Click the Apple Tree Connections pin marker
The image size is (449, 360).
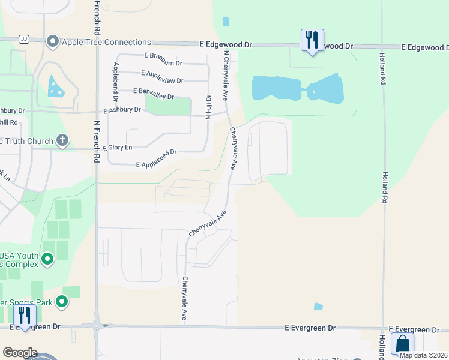(x=52, y=42)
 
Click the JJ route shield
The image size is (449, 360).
(x=25, y=38)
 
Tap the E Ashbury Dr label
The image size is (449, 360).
(x=122, y=110)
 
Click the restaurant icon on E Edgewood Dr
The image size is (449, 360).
(x=312, y=40)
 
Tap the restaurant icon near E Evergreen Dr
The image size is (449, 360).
(x=25, y=315)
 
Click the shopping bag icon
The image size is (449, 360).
(x=402, y=344)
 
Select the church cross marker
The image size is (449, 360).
(x=62, y=140)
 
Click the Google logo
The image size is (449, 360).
(x=19, y=353)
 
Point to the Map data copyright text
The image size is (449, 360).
(x=422, y=355)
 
